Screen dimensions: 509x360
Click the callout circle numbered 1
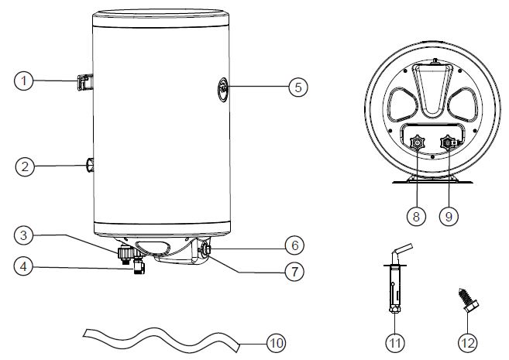tap(24, 81)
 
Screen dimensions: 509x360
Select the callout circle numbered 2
tap(25, 166)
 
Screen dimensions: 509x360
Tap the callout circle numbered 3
tap(24, 235)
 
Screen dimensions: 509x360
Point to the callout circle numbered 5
tap(298, 87)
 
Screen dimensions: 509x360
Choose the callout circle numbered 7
tap(294, 271)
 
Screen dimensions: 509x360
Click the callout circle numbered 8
tap(417, 216)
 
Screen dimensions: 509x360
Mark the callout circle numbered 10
tap(277, 343)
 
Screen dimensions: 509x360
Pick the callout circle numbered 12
tap(468, 343)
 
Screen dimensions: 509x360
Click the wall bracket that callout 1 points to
tap(85, 82)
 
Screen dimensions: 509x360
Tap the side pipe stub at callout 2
tap(90, 165)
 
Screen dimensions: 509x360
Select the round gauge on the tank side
tap(222, 89)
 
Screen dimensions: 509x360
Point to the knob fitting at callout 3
tap(125, 254)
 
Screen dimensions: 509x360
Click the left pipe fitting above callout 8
tap(417, 142)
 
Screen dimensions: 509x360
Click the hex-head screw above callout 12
tap(468, 300)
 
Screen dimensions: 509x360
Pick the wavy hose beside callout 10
tap(161, 340)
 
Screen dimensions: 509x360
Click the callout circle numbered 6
tap(294, 246)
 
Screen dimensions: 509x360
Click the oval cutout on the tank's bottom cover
tap(153, 246)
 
